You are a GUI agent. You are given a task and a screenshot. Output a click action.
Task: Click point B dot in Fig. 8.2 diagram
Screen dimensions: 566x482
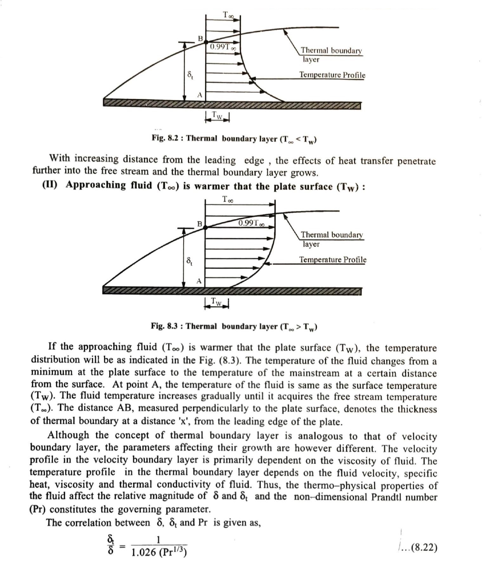205,42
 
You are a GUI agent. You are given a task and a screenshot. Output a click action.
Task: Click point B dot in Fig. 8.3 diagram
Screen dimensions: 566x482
205,227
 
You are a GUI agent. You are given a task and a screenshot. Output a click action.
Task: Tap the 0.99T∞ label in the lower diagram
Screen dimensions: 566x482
251,223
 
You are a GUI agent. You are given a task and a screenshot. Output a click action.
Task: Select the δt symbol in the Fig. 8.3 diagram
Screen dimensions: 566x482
189,261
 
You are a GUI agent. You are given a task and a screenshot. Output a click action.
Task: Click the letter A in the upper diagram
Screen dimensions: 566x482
199,95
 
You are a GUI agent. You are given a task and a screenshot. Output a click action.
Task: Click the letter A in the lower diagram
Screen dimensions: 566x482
199,281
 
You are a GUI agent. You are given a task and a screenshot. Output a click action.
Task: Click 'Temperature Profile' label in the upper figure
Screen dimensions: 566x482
332,75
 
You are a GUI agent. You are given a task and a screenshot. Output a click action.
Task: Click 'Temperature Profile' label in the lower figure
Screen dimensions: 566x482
333,260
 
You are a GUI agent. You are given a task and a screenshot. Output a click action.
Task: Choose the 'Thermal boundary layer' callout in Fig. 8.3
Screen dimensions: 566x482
331,239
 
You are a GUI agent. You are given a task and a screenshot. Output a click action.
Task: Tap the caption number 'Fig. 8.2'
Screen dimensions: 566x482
167,138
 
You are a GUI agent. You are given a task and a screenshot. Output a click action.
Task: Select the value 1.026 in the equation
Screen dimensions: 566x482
143,552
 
